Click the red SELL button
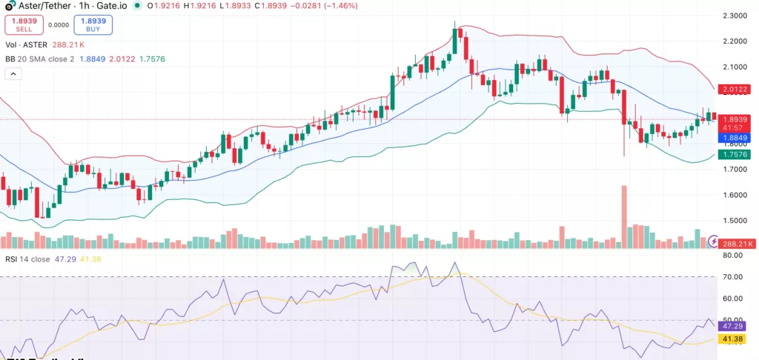(x=24, y=24)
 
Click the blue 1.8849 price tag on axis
(x=735, y=138)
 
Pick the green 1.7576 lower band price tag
(x=735, y=155)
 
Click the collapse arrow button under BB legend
(x=13, y=74)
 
